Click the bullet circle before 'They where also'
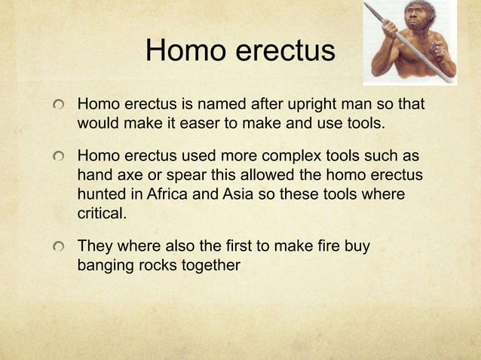tap(57, 248)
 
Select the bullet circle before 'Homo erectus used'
tap(57, 157)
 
